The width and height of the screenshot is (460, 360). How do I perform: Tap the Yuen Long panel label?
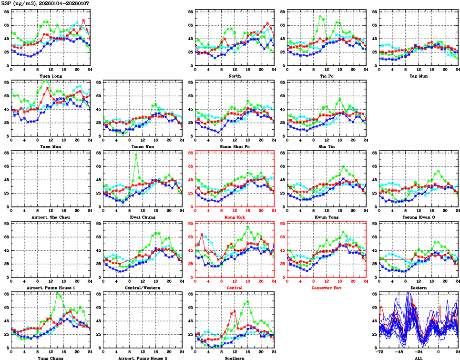click(x=51, y=76)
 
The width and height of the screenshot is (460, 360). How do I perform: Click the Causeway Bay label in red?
click(x=327, y=288)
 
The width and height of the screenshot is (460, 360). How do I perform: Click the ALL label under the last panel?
click(x=418, y=358)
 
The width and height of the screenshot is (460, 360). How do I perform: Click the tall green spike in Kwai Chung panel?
click(x=136, y=155)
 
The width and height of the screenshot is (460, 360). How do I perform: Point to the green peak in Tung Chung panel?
click(x=58, y=293)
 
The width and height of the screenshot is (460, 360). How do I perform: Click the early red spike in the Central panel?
click(x=202, y=234)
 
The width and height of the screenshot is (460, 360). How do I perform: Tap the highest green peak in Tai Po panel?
click(x=320, y=17)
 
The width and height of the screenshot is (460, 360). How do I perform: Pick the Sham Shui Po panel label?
click(x=235, y=146)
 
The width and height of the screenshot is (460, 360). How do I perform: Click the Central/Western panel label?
click(x=143, y=288)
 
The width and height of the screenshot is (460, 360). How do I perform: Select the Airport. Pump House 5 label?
click(x=143, y=358)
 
